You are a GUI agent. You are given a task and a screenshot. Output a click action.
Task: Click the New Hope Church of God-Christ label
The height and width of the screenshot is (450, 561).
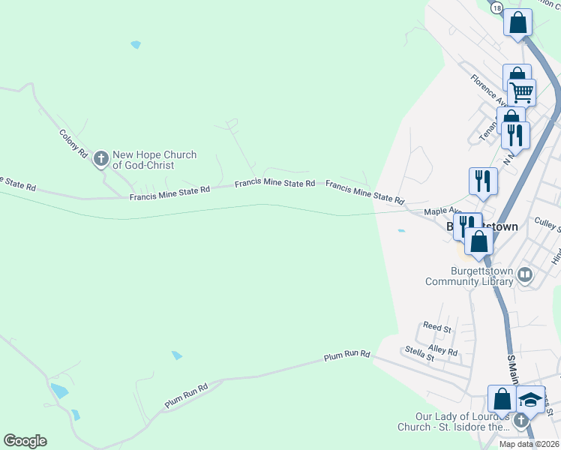click(x=154, y=160)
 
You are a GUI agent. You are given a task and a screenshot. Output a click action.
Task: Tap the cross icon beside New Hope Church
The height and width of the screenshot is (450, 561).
click(x=101, y=159)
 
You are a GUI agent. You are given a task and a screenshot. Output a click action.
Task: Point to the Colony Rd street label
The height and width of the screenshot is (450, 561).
click(x=73, y=142)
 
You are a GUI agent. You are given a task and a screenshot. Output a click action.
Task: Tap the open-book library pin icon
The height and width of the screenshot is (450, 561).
click(x=525, y=276)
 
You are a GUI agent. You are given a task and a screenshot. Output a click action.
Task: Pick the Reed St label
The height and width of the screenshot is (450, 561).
click(x=436, y=328)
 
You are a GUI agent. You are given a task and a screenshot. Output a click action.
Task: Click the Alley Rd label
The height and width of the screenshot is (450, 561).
click(x=442, y=349)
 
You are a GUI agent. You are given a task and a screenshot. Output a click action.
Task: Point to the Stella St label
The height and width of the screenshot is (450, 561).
click(x=419, y=353)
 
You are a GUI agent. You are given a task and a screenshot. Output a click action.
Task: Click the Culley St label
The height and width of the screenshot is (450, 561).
click(x=547, y=223)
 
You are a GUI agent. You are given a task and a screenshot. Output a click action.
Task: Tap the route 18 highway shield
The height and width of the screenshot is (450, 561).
click(x=496, y=7)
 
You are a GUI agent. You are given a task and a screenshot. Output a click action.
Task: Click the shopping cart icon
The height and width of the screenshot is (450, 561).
click(x=521, y=92)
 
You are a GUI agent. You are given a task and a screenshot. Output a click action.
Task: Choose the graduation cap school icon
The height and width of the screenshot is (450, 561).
click(x=530, y=399)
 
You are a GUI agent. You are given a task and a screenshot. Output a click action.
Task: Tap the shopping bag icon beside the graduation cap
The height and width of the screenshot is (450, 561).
click(x=502, y=399)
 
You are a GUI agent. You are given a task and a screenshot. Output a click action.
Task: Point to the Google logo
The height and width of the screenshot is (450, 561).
click(x=25, y=441)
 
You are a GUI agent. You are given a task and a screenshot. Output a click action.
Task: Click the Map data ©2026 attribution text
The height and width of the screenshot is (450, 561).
click(x=529, y=444)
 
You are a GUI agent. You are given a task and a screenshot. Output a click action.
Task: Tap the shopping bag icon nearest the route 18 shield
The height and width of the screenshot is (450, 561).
click(x=517, y=22)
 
